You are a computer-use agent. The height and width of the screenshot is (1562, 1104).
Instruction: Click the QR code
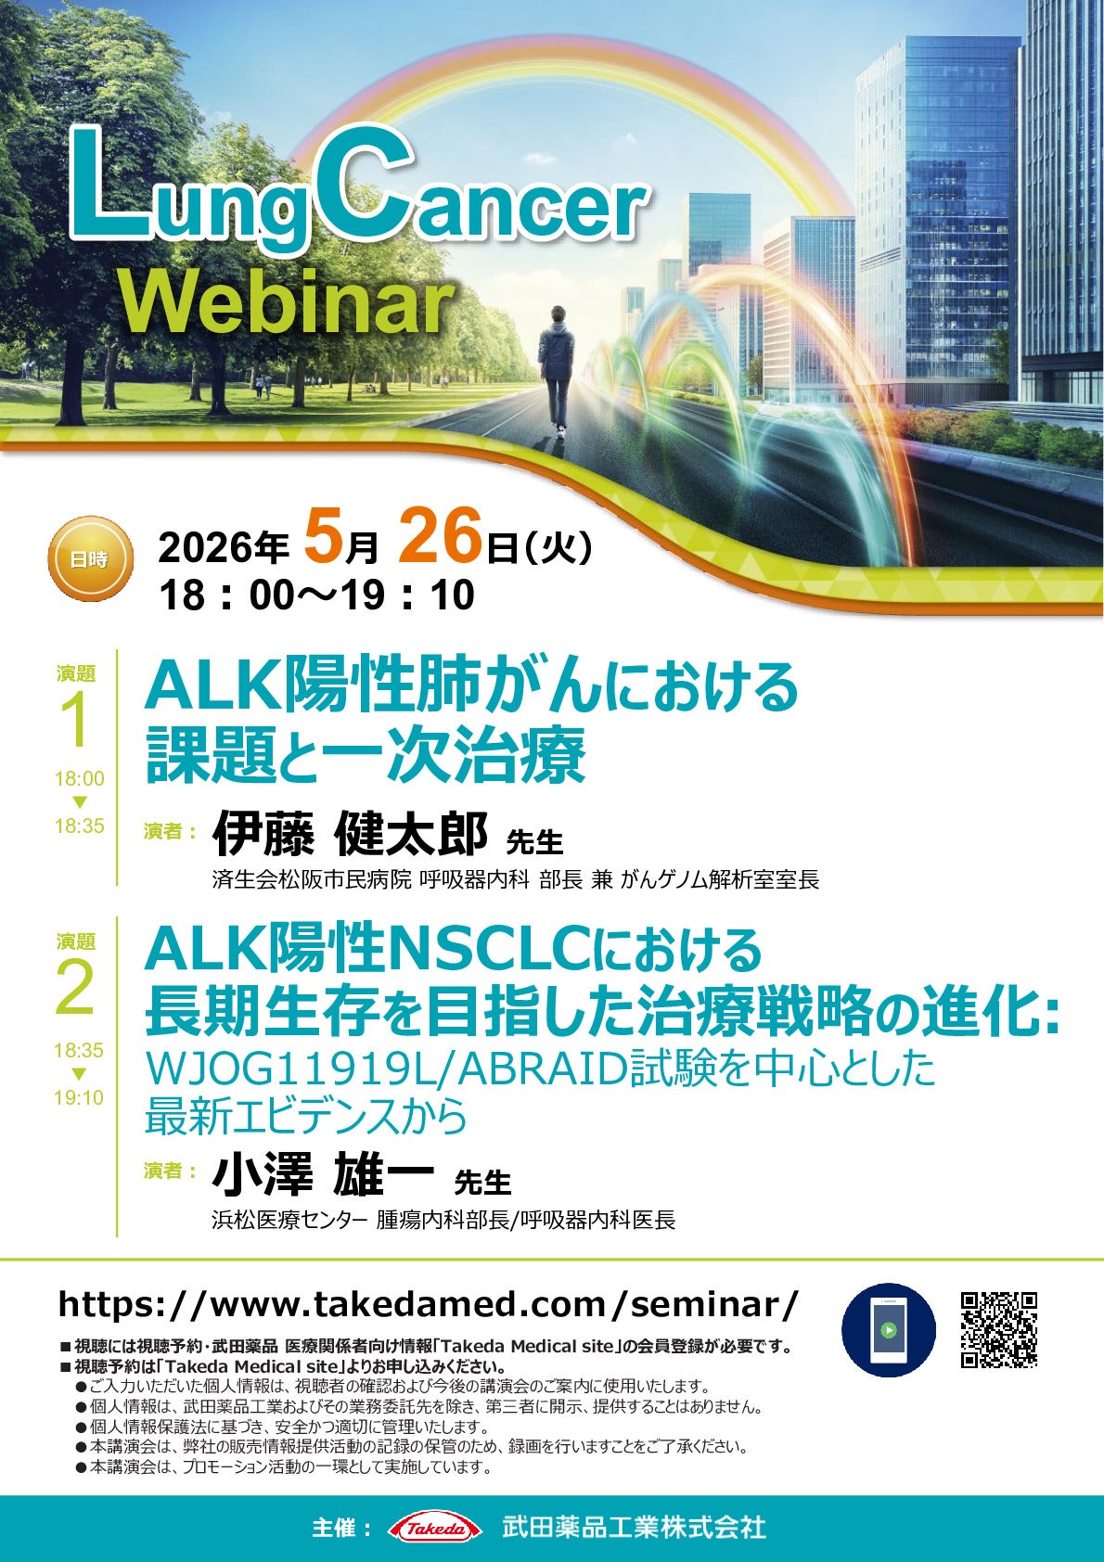[x=998, y=1329]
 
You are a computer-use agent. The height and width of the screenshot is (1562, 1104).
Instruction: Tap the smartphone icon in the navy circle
[x=888, y=1329]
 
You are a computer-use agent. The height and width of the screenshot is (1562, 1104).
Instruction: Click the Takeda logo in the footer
[x=434, y=1528]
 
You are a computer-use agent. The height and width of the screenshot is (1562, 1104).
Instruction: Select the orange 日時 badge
[x=89, y=559]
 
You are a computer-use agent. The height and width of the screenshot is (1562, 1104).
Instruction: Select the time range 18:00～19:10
[x=316, y=595]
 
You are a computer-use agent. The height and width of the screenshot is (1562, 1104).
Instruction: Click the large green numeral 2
[x=76, y=989]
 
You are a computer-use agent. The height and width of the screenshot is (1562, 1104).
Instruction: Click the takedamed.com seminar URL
[x=428, y=1304]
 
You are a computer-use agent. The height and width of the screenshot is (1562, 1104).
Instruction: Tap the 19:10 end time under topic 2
[x=79, y=1097]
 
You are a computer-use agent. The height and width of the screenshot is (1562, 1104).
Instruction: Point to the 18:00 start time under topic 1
[x=79, y=778]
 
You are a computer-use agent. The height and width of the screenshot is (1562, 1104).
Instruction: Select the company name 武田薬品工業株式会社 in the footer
[x=634, y=1528]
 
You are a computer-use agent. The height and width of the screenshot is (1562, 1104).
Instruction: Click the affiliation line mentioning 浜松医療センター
[x=443, y=1220]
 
